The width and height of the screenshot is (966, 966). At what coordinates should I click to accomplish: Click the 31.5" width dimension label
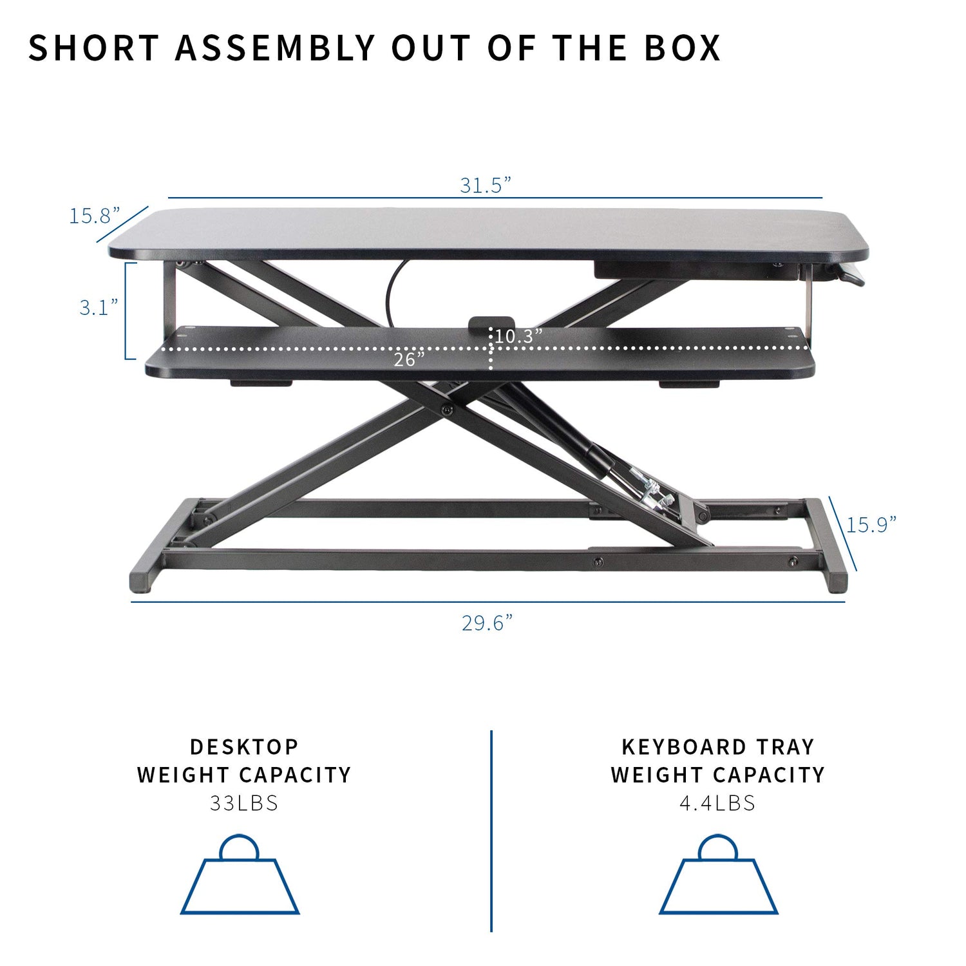[x=485, y=185]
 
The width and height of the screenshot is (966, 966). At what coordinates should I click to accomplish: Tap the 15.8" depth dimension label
[x=95, y=216]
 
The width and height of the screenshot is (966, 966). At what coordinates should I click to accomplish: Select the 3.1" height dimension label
[x=99, y=308]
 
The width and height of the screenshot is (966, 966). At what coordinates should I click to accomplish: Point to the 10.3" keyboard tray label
[x=518, y=336]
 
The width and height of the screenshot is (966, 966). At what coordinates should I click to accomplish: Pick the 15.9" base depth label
[x=871, y=525]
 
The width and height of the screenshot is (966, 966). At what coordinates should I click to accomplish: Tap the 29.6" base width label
[x=487, y=623]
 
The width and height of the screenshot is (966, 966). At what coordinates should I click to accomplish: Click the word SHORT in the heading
[x=93, y=48]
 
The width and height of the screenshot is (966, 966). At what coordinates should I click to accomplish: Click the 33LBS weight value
[x=244, y=803]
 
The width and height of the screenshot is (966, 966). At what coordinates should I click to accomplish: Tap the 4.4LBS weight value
[x=717, y=803]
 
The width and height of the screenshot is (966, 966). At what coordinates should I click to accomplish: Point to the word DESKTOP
[x=244, y=747]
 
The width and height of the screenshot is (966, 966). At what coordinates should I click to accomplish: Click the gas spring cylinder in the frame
[x=567, y=438]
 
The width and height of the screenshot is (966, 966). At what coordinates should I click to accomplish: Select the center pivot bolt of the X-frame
[x=446, y=410]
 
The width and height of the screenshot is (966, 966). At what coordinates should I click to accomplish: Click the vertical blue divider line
[x=491, y=831]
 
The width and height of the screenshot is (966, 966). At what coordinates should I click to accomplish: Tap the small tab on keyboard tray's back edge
[x=491, y=322]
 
